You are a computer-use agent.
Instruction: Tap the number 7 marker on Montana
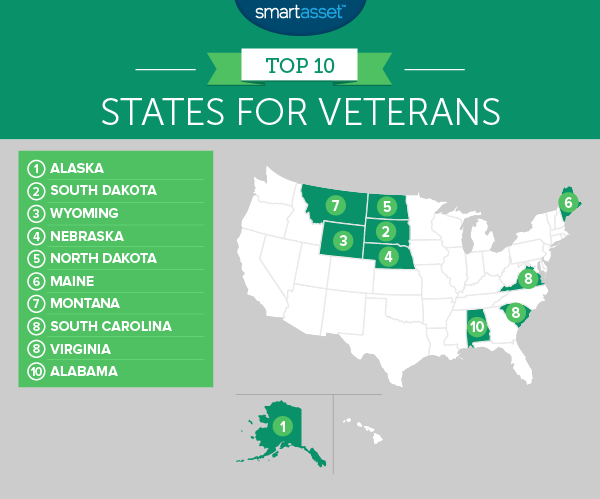coord(337,207)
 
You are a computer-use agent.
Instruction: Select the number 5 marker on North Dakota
coord(386,207)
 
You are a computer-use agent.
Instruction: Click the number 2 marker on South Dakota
coord(384,232)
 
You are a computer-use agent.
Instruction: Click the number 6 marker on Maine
coord(568,204)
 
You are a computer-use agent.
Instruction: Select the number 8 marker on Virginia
coord(528,279)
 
